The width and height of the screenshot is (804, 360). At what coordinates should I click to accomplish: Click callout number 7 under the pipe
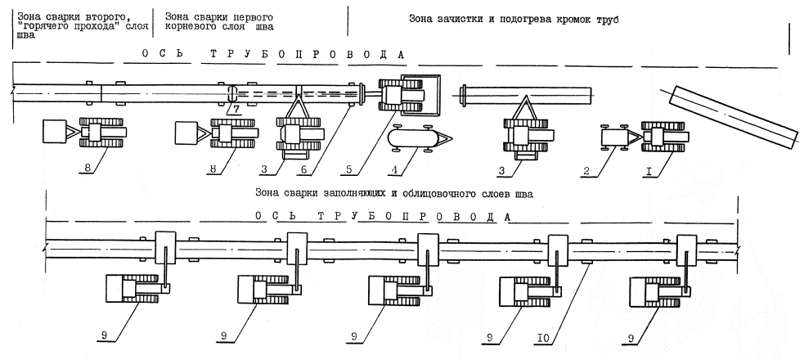pyautogui.click(x=234, y=109)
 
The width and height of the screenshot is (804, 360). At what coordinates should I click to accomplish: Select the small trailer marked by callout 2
pyautogui.click(x=614, y=136)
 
